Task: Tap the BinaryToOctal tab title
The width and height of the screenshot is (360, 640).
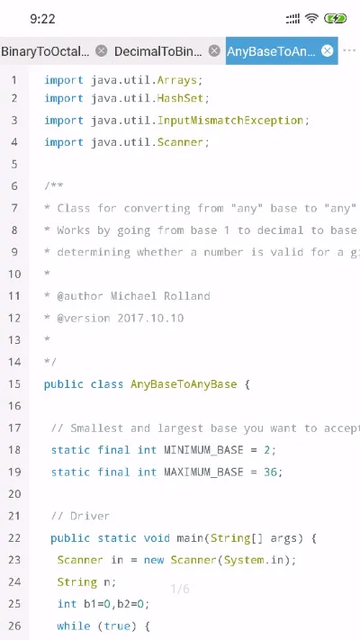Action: point(45,51)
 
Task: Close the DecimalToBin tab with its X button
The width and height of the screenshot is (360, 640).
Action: point(214,50)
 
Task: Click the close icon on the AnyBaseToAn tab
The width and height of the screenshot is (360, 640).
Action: point(327,50)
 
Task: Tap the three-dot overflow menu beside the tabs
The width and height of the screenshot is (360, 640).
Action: point(349,50)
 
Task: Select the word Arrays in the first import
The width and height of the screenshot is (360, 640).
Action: point(177,80)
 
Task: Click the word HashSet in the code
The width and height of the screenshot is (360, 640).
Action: point(181,98)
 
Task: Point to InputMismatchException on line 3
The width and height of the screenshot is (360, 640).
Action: point(230,121)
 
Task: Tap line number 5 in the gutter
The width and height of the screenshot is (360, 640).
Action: point(14,165)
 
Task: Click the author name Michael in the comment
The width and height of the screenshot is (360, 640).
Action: point(134,296)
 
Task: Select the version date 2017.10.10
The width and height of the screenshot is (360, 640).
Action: point(150,318)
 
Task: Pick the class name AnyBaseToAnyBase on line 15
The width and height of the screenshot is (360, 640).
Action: point(184,384)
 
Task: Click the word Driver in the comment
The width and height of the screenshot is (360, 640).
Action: point(90,517)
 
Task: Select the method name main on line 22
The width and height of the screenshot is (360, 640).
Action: point(190,538)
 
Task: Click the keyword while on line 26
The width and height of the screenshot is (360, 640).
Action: point(74,626)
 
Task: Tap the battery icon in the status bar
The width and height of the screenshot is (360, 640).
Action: point(335,18)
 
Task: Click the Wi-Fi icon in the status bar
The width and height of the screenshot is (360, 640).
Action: point(311,18)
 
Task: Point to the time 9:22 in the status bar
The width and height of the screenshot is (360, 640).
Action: point(42,19)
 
